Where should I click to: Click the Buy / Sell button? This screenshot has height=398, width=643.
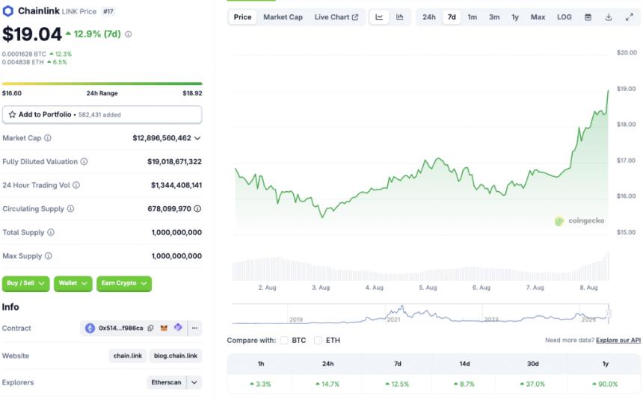click(26, 284)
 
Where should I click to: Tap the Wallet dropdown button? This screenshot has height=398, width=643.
click(73, 284)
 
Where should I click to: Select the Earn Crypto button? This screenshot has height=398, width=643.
click(124, 284)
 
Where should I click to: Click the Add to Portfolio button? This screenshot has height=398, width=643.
click(102, 114)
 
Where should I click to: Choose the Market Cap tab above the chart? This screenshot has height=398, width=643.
click(283, 17)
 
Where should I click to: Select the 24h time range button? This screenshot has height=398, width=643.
click(428, 17)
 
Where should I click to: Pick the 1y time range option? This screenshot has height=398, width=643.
click(515, 17)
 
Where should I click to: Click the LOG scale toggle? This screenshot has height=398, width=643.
click(564, 17)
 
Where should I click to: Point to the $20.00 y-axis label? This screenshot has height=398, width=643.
click(627, 52)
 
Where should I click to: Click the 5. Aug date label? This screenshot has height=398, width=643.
click(428, 287)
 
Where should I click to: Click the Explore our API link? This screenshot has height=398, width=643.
click(618, 341)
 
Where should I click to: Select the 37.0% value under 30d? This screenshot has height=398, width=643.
click(535, 384)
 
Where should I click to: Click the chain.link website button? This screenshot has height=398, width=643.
click(127, 355)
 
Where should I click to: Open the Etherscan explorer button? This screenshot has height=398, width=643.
click(166, 382)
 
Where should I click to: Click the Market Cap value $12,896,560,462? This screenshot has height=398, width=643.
click(161, 138)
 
